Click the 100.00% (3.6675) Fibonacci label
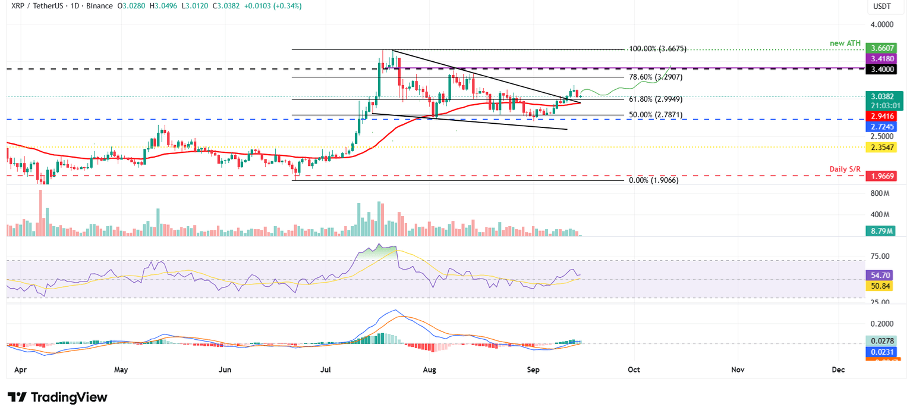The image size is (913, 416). coord(660,49)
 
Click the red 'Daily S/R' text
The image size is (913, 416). coord(845,170)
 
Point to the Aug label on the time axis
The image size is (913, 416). coord(430,370)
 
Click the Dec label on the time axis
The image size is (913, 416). coord(838,370)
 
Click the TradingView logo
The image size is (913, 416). coord(58,398)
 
